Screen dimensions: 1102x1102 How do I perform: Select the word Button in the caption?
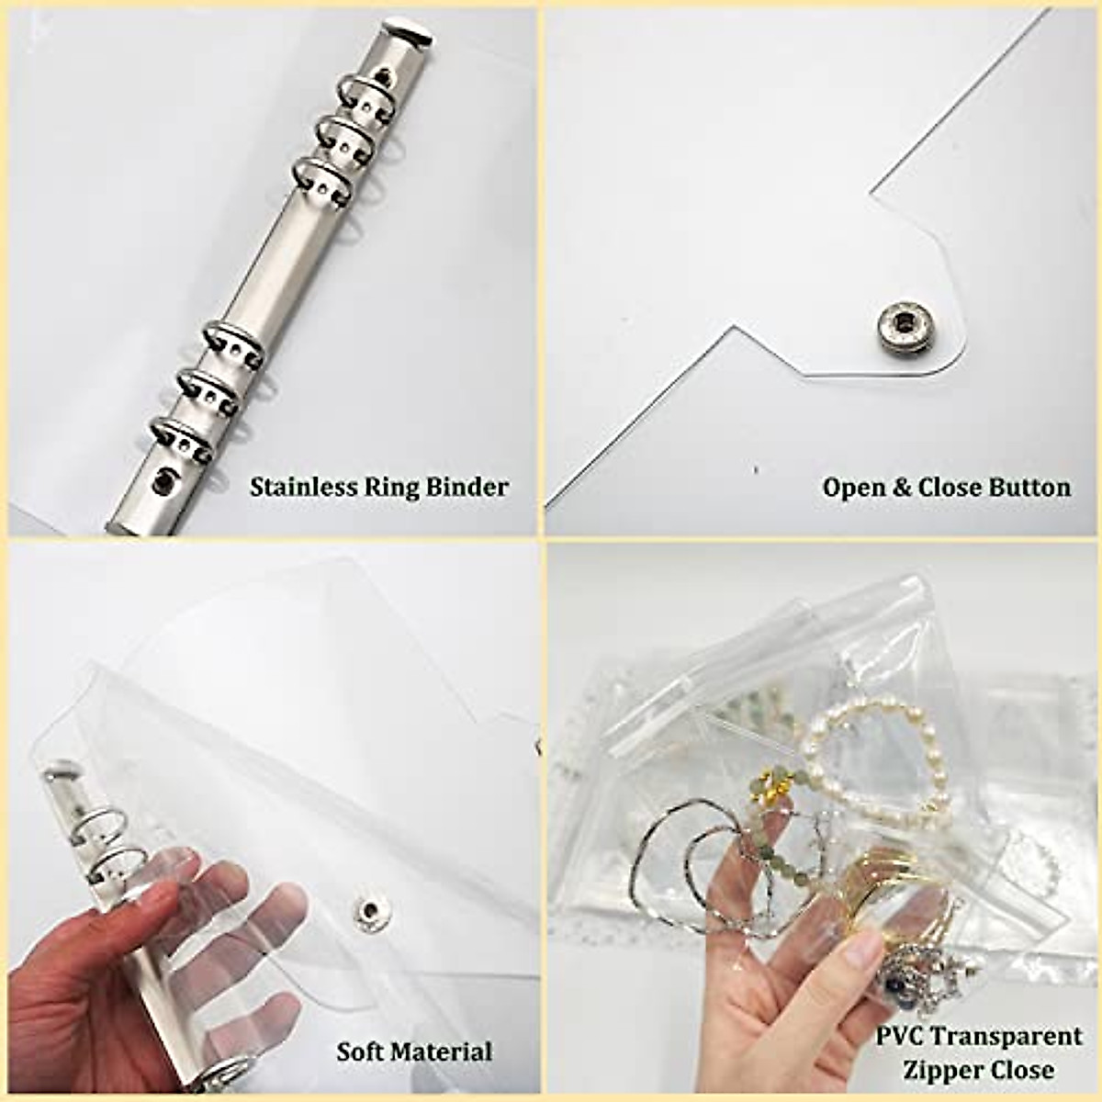pos(1029,487)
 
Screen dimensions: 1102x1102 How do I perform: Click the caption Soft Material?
pos(413,1051)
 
